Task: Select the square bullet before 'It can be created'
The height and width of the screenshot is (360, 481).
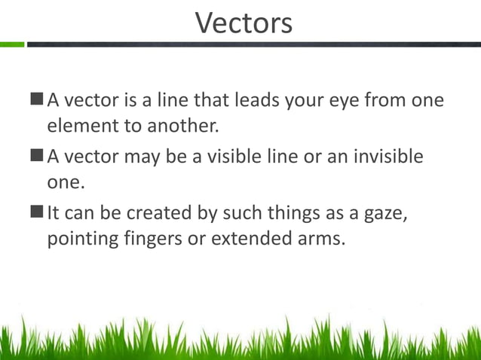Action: [x=38, y=214]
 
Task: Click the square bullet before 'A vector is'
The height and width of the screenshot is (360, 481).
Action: [x=38, y=99]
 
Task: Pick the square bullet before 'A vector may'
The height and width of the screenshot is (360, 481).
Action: [x=38, y=157]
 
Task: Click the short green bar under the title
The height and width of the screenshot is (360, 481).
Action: [x=12, y=44]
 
